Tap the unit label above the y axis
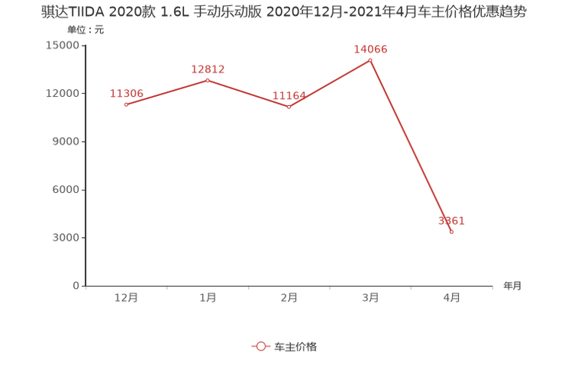(79, 30)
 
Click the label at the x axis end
(512, 287)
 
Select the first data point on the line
(126, 104)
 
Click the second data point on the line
(208, 80)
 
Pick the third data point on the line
(289, 107)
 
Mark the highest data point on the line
(371, 59)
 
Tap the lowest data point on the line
(452, 232)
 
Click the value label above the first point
(126, 93)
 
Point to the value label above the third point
(289, 95)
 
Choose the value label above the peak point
(371, 49)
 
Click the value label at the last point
(451, 221)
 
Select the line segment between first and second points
(166, 92)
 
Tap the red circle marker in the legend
(261, 346)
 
